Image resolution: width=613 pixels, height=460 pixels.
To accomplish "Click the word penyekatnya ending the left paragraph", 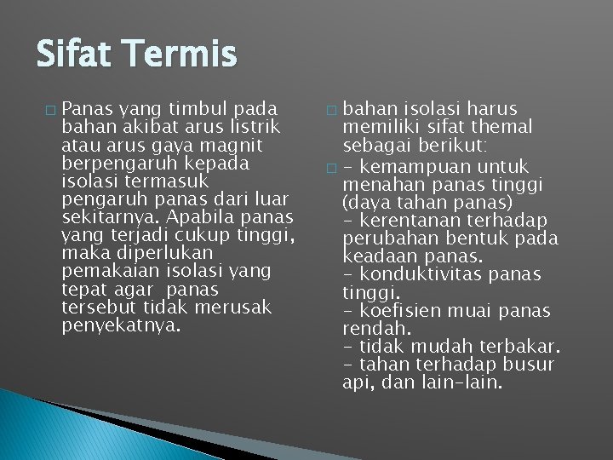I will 122,325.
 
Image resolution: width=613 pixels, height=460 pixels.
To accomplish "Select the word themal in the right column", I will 502,127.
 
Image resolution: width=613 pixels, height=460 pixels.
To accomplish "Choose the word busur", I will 528,365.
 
